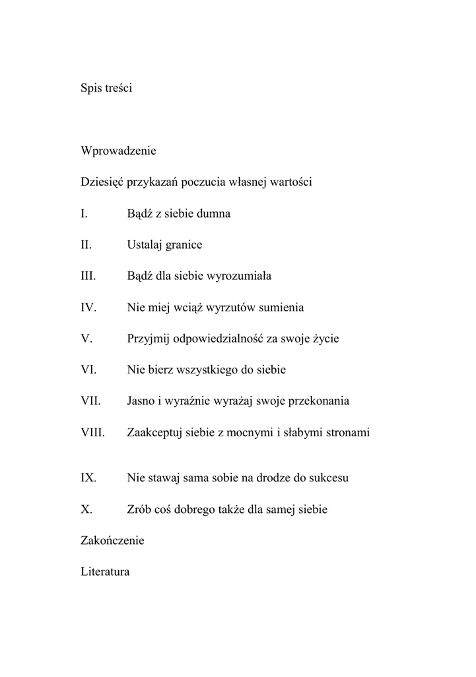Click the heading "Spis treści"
[x=106, y=88]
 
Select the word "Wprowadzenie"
[x=118, y=151]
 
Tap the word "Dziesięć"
[x=102, y=182]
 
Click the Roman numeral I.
[x=84, y=214]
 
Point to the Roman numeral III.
[x=88, y=276]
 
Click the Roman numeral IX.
[x=88, y=477]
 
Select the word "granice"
[x=184, y=245]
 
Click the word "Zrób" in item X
[x=139, y=509]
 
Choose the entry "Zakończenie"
[x=112, y=540]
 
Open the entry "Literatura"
[x=105, y=571]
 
